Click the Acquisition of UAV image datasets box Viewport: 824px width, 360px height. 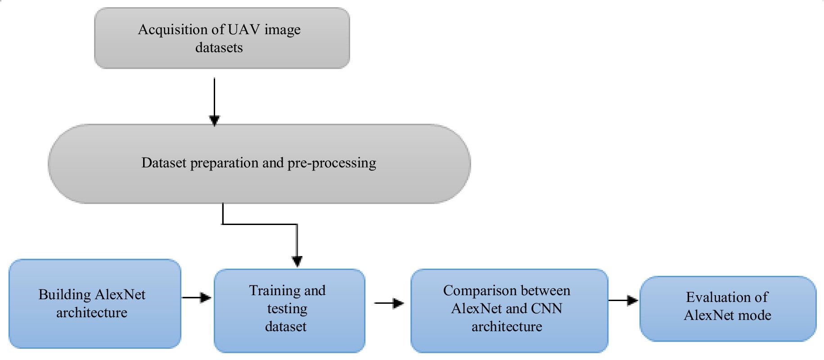[x=222, y=38]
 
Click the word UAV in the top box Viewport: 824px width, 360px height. [x=243, y=30]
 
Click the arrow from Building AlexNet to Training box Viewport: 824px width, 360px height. [x=196, y=297]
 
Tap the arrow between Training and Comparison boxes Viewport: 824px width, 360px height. [x=389, y=303]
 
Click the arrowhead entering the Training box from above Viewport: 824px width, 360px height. [x=297, y=261]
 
